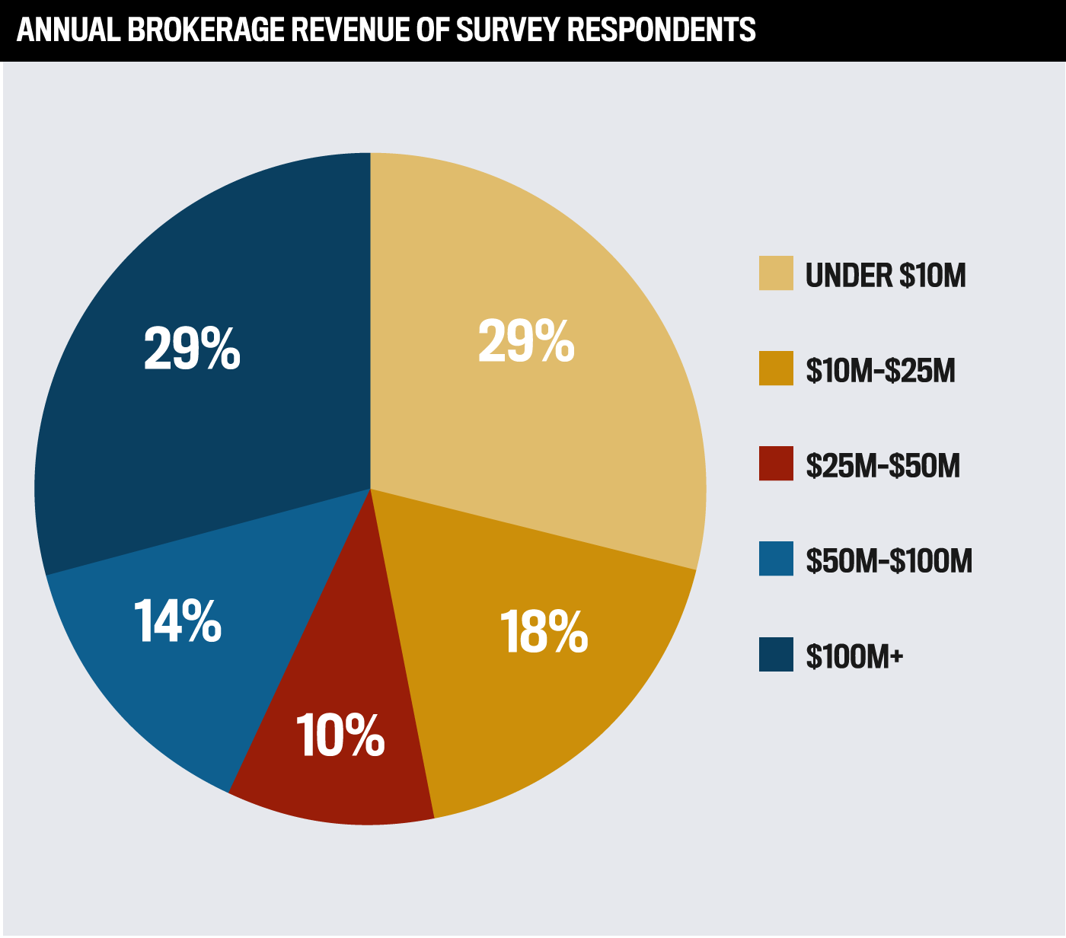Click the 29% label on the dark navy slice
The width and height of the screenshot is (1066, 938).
192,349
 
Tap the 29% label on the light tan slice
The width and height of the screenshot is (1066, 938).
525,341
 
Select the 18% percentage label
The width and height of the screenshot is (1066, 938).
544,632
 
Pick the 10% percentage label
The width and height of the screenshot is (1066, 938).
340,735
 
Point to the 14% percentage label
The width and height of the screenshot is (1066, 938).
177,621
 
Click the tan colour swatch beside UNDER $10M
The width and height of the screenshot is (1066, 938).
776,273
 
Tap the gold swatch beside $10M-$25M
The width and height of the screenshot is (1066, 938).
776,368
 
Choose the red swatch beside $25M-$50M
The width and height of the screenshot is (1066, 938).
776,464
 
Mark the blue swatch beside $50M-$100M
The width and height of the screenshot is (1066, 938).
776,559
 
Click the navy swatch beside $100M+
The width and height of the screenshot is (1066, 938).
776,654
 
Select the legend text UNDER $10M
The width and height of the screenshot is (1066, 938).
886,275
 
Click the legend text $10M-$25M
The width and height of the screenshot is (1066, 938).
880,370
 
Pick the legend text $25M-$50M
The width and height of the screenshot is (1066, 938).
882,465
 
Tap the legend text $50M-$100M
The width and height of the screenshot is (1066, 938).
889,560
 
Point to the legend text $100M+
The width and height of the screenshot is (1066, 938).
854,656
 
